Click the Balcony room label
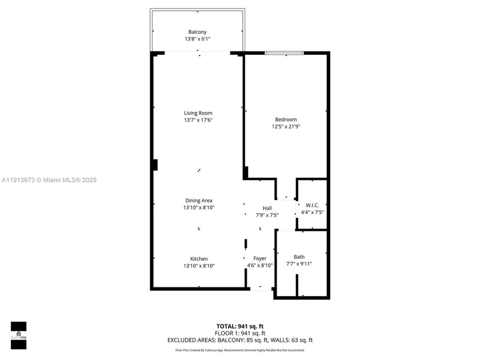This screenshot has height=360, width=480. [198, 31]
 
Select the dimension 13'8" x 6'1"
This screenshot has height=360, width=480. [198, 39]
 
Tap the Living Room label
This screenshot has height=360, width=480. [198, 113]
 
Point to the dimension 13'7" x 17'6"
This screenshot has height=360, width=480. [198, 120]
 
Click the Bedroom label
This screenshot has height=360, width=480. [286, 119]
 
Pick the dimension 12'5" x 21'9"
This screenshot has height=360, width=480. [286, 126]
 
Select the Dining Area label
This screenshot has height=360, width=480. [198, 200]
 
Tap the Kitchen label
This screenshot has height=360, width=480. [199, 259]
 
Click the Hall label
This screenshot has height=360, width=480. [267, 208]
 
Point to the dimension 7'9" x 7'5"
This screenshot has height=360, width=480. [267, 215]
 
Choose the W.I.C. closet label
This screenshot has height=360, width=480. [312, 205]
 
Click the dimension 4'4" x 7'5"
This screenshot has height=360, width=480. [312, 213]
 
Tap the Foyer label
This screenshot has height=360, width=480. [260, 258]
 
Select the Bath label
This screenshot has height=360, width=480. [299, 257]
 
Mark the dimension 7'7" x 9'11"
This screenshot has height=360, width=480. [299, 263]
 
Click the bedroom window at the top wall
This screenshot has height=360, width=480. [284, 54]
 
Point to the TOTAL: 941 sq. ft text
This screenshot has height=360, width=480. [240, 326]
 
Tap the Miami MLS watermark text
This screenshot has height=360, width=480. [49, 179]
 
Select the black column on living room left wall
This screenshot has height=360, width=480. [155, 165]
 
